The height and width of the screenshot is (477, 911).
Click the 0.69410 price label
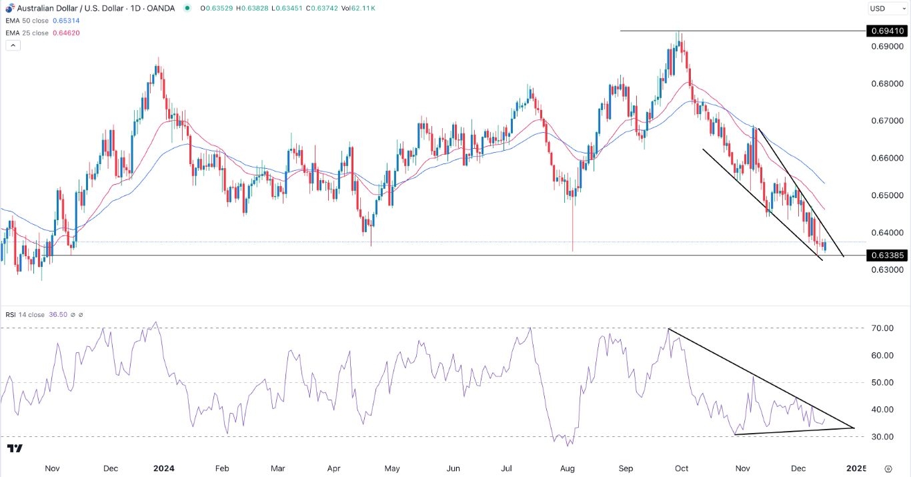pos(886,31)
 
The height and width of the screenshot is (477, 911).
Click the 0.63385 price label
pos(886,255)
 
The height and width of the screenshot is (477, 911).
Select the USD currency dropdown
pos(885,9)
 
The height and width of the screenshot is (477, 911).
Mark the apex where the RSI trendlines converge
pos(854,428)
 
